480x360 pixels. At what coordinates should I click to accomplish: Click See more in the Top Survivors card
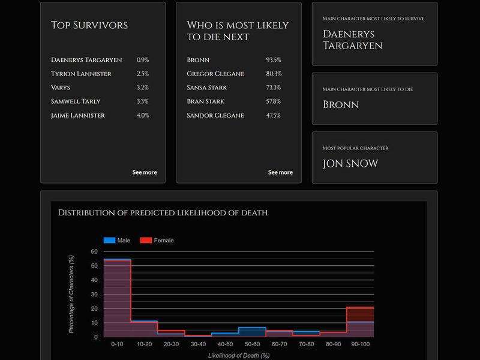(145, 172)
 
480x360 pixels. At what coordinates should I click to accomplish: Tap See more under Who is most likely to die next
(280, 172)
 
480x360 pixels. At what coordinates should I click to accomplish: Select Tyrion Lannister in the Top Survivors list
(81, 74)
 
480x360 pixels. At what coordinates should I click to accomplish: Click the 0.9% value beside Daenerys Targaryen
(143, 60)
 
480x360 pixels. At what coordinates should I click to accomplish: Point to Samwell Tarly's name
(76, 101)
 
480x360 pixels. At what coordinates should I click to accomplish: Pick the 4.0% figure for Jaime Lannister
(143, 115)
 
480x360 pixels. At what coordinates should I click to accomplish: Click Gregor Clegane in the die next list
(215, 74)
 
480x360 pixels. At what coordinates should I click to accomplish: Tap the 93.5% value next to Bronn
(274, 60)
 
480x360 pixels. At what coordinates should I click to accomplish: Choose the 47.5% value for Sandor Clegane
(274, 115)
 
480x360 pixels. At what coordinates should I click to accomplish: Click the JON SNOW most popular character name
(350, 164)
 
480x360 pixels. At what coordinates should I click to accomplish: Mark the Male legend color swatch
(109, 241)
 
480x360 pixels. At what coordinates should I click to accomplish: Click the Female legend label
(164, 241)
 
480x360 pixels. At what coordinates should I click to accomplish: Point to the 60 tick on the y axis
(94, 251)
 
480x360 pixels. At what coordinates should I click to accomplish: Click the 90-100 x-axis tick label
(361, 345)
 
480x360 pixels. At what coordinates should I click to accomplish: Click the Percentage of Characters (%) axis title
(71, 294)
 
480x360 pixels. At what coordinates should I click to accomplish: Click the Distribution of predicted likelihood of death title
(162, 212)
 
